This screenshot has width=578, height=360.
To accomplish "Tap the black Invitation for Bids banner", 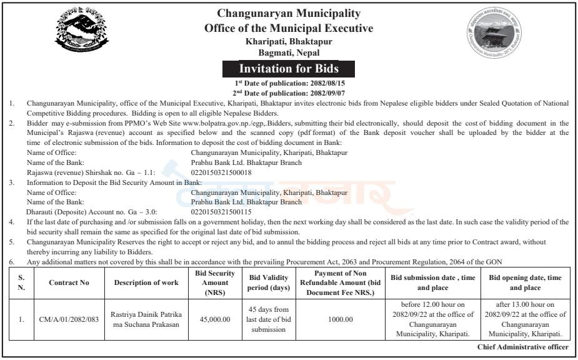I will point(289,68).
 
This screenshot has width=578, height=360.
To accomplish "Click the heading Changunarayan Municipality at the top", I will point(289,13).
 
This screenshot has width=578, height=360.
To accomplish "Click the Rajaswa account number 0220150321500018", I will point(221,172).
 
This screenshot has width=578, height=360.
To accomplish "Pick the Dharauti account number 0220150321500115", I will point(221,212).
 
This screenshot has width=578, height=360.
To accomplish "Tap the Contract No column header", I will point(69,282).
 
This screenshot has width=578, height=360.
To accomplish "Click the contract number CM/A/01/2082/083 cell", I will point(69,319).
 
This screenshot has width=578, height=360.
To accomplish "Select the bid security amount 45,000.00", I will point(214,319).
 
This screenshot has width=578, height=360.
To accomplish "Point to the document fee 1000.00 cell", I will point(340,319).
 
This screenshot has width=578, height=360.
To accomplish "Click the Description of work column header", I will point(146,282).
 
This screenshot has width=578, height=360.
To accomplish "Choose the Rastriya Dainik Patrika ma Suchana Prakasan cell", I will point(146,319).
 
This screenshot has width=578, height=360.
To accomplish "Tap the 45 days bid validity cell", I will point(269,319).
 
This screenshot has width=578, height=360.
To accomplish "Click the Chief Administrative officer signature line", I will point(522,347).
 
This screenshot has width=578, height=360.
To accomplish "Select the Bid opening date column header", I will point(525,282).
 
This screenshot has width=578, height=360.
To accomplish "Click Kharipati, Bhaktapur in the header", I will point(289,41).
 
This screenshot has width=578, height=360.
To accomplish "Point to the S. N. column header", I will point(22,282).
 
